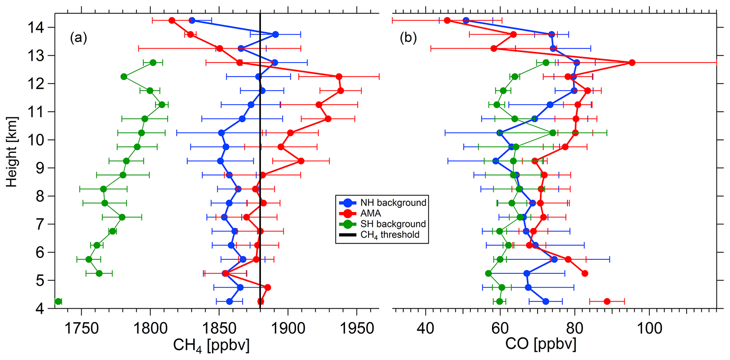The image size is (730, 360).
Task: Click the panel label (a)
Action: [x=78, y=37]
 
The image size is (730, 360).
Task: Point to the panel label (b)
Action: [x=408, y=37]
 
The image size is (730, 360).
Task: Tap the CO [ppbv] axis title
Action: [x=541, y=344]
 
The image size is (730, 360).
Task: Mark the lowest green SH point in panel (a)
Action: [x=58, y=301]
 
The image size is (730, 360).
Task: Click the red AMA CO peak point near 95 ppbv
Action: [x=632, y=63]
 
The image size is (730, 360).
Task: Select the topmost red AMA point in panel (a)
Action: [x=172, y=20]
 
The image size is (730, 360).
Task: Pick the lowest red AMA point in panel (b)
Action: [x=607, y=301]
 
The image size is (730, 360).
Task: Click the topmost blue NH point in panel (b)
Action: [x=466, y=20]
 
